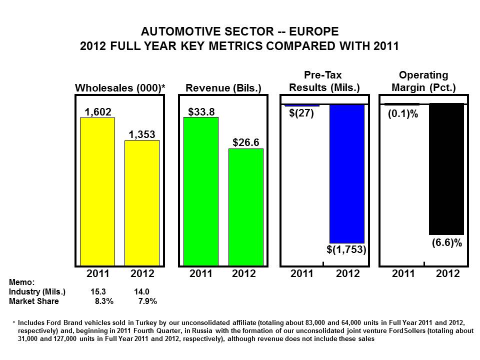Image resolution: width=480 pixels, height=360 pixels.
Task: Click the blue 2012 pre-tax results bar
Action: [x=347, y=173]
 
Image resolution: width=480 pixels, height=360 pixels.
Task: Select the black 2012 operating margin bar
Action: [x=446, y=169]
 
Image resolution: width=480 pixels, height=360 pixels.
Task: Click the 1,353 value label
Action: [x=142, y=134]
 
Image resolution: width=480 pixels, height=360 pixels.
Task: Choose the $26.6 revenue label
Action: [x=245, y=143]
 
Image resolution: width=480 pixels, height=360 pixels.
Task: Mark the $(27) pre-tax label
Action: [x=301, y=113]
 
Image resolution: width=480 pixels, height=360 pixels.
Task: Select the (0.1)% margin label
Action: [x=403, y=113]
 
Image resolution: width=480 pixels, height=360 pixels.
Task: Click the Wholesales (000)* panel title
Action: [x=120, y=88]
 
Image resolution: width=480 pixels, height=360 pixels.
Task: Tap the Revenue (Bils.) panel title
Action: [x=223, y=88]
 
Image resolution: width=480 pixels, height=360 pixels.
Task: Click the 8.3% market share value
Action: [x=104, y=301]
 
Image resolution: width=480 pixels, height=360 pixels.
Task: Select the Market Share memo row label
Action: [x=33, y=301]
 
